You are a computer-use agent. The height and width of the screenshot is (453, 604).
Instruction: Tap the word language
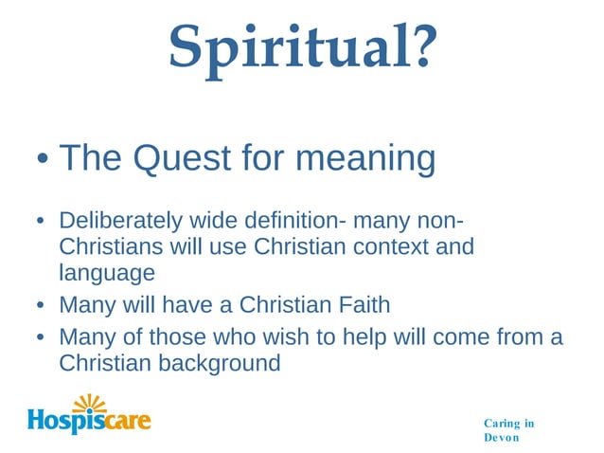tap(106, 273)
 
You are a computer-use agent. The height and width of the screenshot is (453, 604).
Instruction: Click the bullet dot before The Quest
tap(43, 159)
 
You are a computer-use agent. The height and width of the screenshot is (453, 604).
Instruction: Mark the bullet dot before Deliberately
tap(41, 223)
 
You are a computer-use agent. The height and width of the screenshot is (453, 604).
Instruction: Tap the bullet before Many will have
tap(41, 306)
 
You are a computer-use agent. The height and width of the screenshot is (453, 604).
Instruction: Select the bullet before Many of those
tap(41, 338)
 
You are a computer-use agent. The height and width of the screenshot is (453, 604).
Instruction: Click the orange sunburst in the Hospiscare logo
tap(90, 403)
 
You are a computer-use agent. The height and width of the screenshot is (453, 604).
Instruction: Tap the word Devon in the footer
tap(501, 438)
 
